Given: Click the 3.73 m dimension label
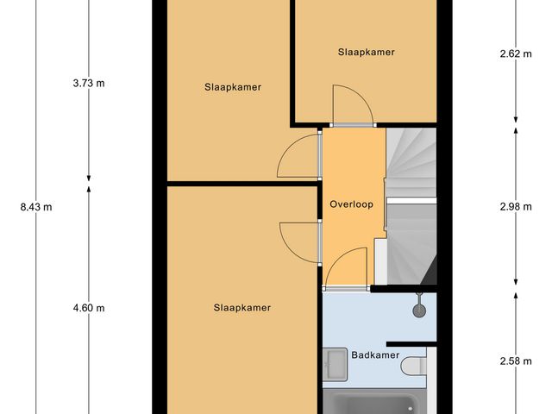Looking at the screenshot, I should [89, 84].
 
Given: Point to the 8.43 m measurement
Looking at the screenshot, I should [35, 206].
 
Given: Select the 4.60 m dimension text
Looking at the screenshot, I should [89, 308].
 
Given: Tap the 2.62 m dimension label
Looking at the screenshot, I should [516, 53].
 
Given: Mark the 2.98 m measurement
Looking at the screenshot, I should [516, 206].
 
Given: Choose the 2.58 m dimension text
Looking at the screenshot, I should [516, 361].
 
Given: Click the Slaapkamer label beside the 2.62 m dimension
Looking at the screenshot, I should [366, 52].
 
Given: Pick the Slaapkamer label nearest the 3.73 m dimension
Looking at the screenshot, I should [233, 87].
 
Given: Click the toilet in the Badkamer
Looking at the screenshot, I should [415, 366].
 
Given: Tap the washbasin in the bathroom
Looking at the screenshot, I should [335, 365].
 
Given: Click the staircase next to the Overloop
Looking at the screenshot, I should [411, 207].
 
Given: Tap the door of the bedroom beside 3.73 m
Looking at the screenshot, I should [298, 157].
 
